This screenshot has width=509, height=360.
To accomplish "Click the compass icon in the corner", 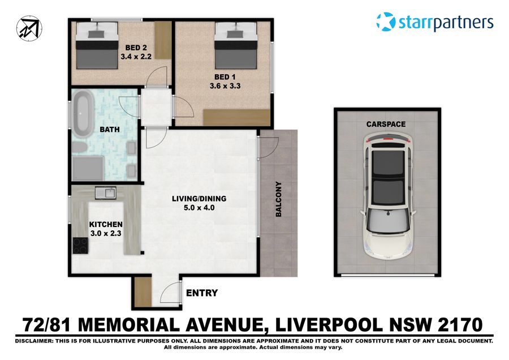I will tap(28, 27).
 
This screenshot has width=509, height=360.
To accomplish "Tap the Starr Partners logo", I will tap(434, 22).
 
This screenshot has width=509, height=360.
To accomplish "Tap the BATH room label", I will tap(110, 130).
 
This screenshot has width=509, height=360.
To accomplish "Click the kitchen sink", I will tap(106, 193).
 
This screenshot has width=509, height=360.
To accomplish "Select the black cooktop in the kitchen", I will tap(80, 246).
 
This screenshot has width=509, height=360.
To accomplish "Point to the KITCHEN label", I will tap(106, 224).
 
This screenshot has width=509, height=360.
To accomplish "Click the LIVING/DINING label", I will tap(199, 199).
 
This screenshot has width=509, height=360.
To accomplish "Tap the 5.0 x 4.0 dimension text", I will tap(199, 208).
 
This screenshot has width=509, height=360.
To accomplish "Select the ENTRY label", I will tap(201, 293).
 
